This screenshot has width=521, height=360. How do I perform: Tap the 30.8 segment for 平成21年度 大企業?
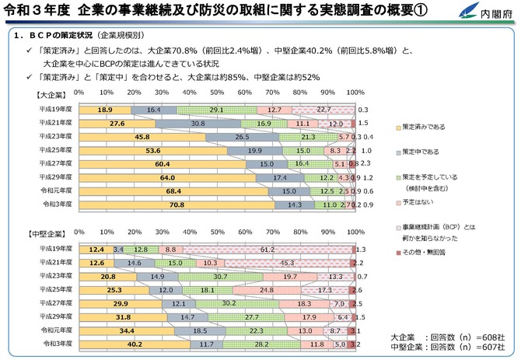click(198, 123)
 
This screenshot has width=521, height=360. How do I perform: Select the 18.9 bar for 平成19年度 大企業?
click(105, 110)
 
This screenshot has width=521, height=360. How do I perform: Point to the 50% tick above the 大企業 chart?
click(215, 93)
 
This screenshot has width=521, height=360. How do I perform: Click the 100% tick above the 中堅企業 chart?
click(355, 232)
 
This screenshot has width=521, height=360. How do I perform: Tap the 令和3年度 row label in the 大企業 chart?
click(56, 204)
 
